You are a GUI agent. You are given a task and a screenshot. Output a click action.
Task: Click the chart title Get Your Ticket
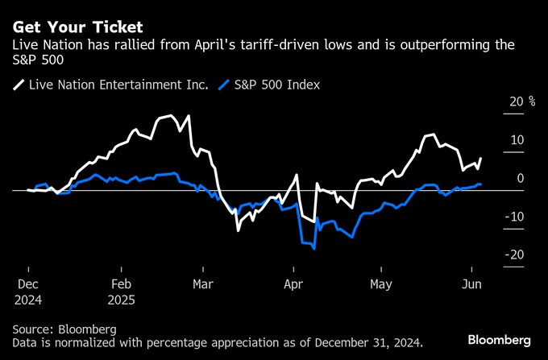[x=77, y=27]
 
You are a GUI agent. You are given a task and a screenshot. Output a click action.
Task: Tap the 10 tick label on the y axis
[x=515, y=140]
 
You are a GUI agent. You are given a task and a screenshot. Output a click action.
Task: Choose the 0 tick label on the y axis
[x=520, y=179]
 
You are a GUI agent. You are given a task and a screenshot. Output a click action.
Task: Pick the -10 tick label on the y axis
[x=513, y=217]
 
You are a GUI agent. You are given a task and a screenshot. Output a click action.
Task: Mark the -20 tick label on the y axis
[x=513, y=255]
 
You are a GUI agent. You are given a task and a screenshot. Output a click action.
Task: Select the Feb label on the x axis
[x=121, y=284]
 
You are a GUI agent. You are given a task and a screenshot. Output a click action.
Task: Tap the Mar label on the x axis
[x=203, y=284]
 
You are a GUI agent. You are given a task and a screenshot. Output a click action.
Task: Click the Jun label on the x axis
[x=471, y=284]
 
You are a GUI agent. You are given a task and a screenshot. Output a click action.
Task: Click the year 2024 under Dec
[x=28, y=300]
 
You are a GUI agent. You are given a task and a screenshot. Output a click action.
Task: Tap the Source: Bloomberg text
[x=64, y=329]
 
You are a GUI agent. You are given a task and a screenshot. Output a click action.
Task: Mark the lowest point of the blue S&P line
[x=313, y=249]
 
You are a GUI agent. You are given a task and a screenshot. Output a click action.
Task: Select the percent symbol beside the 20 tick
[x=532, y=101]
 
